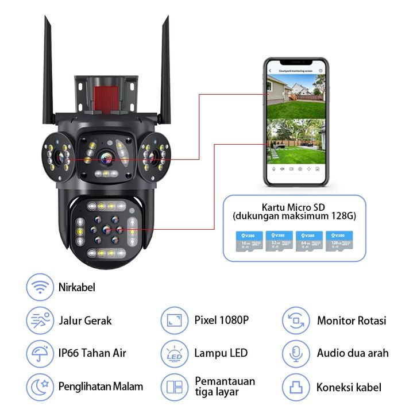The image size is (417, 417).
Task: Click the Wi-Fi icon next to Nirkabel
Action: (x=39, y=287)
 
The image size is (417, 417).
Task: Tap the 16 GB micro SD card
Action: (x=247, y=241)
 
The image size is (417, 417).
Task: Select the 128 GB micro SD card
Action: (x=338, y=241)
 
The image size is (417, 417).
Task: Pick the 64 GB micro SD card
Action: (x=308, y=241)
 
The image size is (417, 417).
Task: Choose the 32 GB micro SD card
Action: (x=277, y=241)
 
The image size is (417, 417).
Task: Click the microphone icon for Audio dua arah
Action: (x=296, y=353)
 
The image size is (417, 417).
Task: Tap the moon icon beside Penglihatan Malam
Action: (x=39, y=387)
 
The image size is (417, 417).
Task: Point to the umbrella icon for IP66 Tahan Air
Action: (x=39, y=353)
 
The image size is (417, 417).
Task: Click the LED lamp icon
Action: (x=173, y=353)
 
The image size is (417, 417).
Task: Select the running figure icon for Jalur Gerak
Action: (x=39, y=321)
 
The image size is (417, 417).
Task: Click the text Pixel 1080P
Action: (x=221, y=320)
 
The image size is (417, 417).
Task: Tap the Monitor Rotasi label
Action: (x=352, y=321)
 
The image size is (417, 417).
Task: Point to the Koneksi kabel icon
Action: (x=296, y=387)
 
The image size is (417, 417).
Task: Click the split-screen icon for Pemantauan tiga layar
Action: (x=173, y=387)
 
